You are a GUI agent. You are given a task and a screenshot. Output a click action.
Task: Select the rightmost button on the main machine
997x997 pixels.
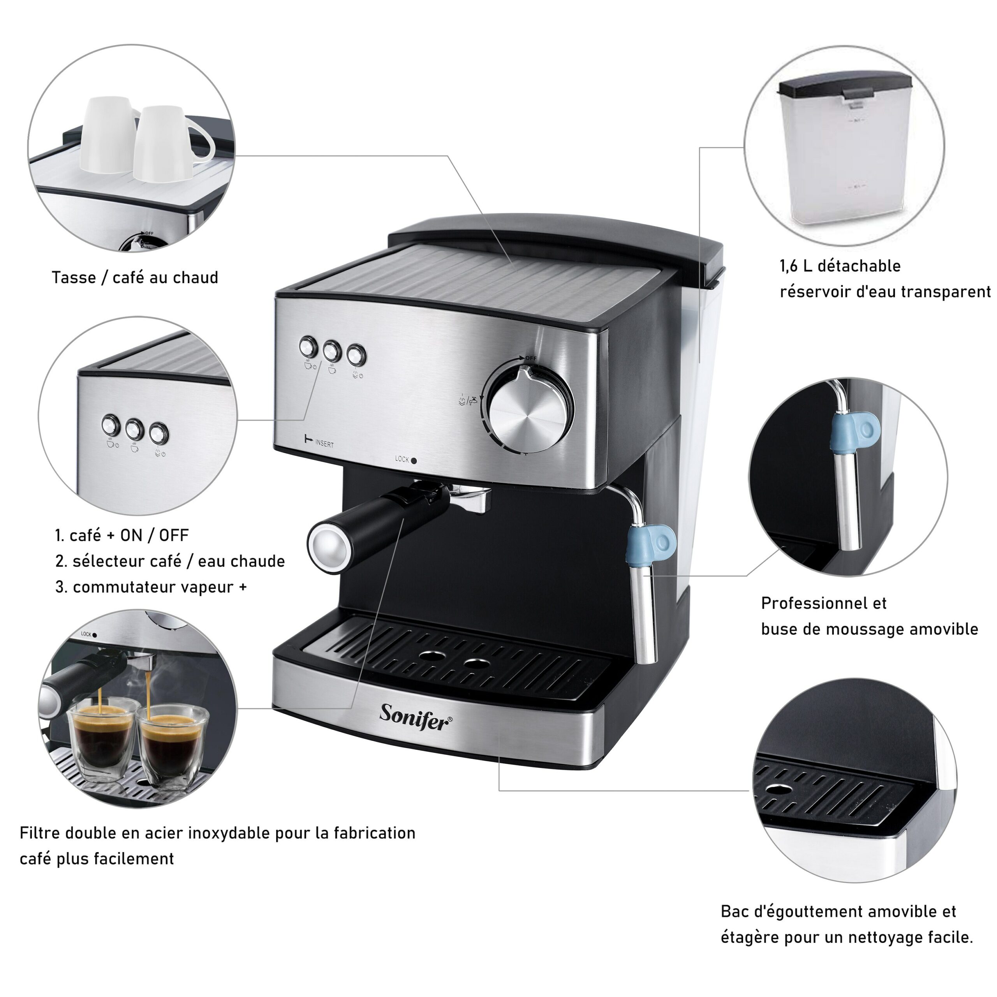tap(356, 355)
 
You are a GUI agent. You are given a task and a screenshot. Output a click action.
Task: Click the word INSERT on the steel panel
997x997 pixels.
tap(324, 444)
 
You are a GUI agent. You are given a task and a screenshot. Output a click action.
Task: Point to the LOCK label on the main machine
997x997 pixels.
tap(402, 459)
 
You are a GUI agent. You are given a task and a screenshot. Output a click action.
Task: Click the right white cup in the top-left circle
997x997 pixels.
tap(168, 144)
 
